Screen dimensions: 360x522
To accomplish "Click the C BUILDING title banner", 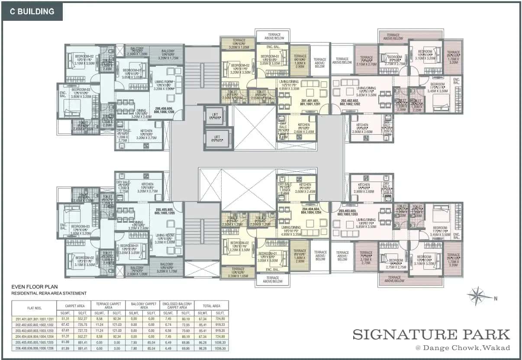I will click(32, 12).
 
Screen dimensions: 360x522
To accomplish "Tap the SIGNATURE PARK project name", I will click(431, 334).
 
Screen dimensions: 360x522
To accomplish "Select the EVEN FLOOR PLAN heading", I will click(34, 287).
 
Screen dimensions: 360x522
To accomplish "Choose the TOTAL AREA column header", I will click(211, 305).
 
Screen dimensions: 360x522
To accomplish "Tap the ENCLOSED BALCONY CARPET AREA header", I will click(177, 305).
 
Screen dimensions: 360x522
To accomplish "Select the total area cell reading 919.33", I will click(220, 324).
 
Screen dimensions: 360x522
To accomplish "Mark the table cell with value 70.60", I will click(185, 330).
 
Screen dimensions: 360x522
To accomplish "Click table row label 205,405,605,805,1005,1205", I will click(34, 342).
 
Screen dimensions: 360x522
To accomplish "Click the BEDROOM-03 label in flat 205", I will click(80, 227).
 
